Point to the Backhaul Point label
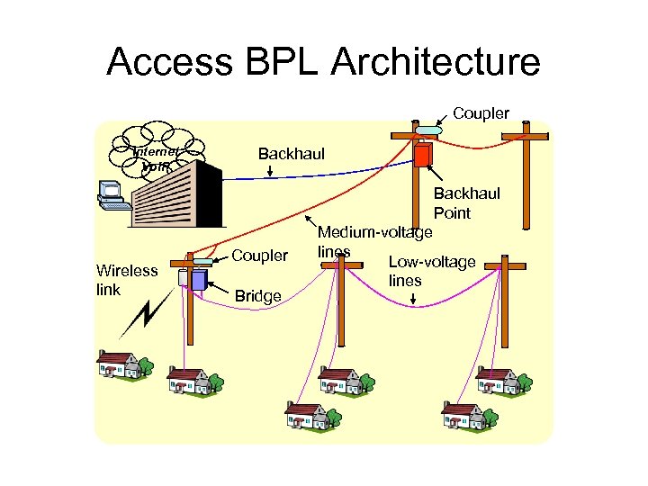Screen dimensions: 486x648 click(x=466, y=203)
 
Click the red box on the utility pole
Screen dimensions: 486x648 click(x=422, y=155)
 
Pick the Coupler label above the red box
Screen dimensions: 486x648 click(x=481, y=113)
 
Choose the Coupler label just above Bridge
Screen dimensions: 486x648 click(x=260, y=256)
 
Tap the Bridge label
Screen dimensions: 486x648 click(x=257, y=295)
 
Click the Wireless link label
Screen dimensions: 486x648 click(x=127, y=278)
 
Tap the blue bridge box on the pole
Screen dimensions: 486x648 click(x=198, y=278)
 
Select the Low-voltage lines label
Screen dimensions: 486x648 click(x=431, y=271)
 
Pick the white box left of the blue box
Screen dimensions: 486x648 click(x=183, y=278)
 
